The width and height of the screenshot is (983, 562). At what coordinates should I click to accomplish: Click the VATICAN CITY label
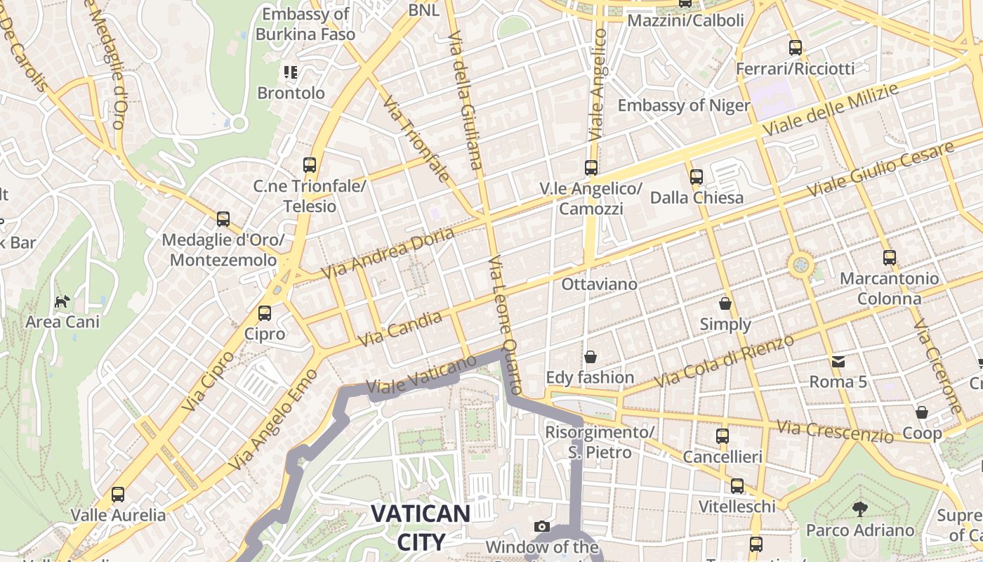[420, 527]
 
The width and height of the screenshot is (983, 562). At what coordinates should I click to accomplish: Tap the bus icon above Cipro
[265, 313]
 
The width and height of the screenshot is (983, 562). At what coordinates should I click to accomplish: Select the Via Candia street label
[400, 329]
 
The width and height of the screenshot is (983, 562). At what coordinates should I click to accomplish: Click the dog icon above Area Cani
[62, 302]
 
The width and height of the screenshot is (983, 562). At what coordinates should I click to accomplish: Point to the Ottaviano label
[599, 285]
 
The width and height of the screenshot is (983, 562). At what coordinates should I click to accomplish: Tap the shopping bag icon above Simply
[725, 303]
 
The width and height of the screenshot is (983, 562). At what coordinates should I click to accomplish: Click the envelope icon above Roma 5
[838, 361]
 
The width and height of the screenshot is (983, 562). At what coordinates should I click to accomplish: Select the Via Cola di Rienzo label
[724, 360]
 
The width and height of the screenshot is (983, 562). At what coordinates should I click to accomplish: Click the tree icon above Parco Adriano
[859, 509]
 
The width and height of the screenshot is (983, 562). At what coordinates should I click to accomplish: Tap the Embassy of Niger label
[684, 105]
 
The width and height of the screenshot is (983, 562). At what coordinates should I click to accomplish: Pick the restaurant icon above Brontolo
[291, 72]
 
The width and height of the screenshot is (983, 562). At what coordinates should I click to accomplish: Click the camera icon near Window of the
[541, 526]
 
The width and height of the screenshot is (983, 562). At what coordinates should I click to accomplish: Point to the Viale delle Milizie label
[830, 110]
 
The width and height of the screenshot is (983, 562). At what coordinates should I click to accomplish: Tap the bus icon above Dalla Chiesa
[697, 177]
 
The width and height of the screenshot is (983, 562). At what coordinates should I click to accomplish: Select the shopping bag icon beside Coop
[921, 412]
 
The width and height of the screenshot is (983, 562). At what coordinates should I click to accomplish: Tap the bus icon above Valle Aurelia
[118, 495]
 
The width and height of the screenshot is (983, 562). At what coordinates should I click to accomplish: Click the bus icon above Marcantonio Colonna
[890, 258]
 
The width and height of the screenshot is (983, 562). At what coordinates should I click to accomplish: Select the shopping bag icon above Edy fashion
[591, 357]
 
